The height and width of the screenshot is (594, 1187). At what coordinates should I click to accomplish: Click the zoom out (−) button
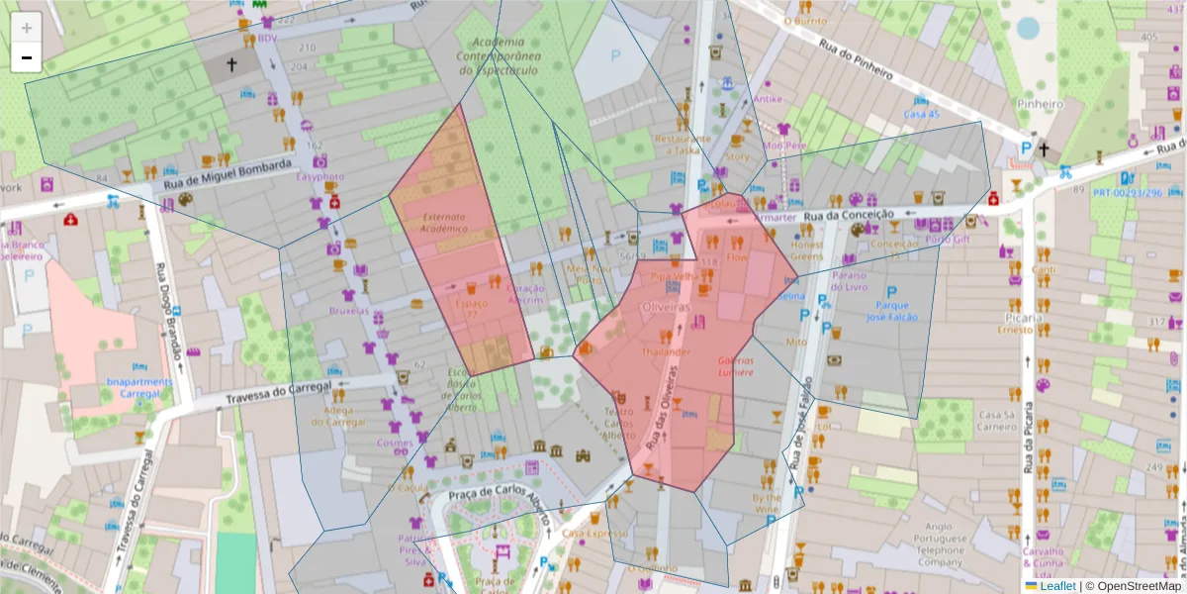(27, 58)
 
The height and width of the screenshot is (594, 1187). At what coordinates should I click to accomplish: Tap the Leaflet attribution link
(1055, 586)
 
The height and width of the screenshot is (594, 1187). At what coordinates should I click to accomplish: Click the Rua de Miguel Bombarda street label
(228, 174)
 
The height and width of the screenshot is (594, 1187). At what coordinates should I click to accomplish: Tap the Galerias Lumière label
(735, 366)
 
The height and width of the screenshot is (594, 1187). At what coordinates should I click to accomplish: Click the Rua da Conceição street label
(849, 214)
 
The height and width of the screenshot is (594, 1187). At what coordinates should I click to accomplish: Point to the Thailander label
(665, 351)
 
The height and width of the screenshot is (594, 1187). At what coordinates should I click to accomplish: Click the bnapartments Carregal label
(138, 386)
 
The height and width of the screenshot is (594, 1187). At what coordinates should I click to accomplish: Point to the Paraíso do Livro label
(863, 281)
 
